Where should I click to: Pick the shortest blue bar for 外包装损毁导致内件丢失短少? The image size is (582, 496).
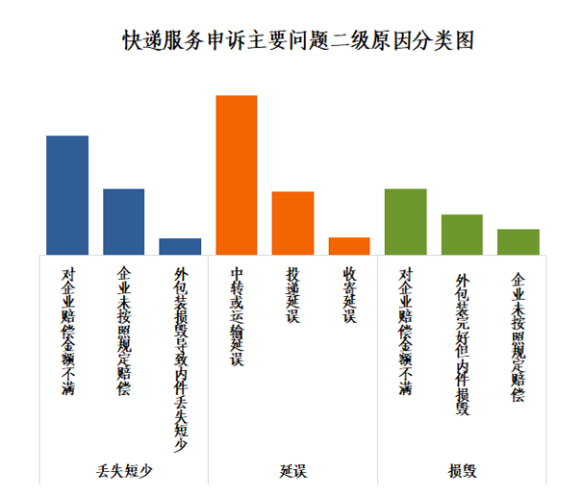coord(180,246)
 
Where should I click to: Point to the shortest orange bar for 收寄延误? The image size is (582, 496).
coord(348,245)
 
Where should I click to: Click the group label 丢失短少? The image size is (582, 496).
coord(124,471)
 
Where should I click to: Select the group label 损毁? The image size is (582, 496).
coord(462,471)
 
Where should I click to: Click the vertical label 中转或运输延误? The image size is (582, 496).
coord(237,316)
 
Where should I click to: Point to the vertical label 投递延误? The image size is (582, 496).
coord(292,295)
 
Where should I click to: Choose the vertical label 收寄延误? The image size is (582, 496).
coord(349,295)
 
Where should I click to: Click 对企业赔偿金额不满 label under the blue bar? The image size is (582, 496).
coord(68,332)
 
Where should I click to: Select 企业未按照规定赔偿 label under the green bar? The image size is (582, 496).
coord(518,336)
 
